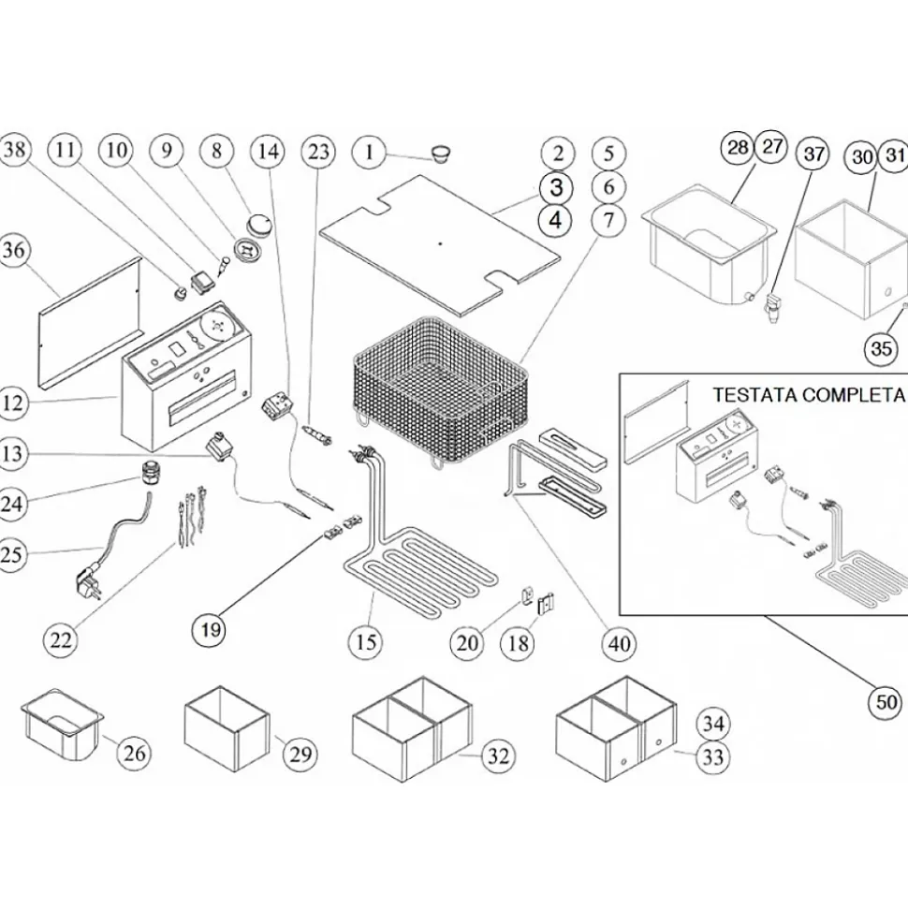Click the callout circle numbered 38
click(16, 152)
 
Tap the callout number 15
click(366, 641)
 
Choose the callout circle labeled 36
click(16, 251)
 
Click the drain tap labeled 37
click(771, 308)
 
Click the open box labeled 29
click(226, 727)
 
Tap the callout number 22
click(62, 640)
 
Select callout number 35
click(881, 349)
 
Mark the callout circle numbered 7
click(608, 221)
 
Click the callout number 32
click(498, 754)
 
